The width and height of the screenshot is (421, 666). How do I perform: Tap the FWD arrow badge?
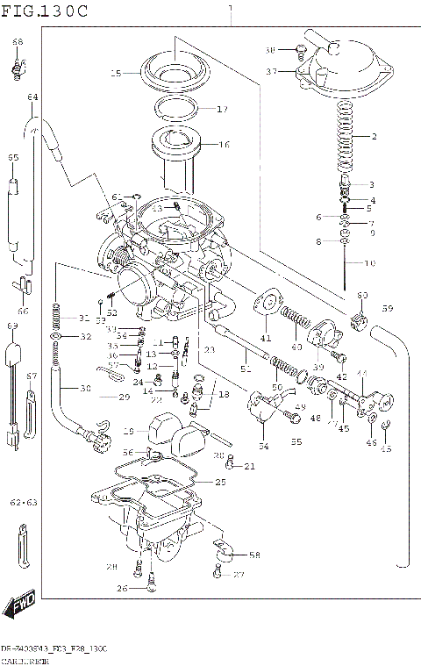click(x=19, y=605)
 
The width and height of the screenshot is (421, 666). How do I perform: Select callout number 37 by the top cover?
click(x=271, y=71)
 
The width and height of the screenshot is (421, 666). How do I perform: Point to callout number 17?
click(x=222, y=110)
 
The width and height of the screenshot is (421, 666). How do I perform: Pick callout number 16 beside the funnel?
click(x=224, y=145)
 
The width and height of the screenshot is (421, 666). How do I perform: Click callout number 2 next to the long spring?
click(x=373, y=138)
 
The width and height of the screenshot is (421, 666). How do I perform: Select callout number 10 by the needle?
click(x=370, y=263)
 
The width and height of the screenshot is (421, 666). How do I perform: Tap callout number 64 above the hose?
click(x=32, y=97)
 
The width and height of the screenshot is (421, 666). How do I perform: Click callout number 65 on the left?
click(x=13, y=158)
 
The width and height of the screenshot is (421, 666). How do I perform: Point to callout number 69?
click(x=13, y=326)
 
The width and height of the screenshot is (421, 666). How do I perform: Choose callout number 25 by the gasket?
click(x=220, y=483)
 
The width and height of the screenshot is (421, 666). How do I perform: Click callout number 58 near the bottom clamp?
click(x=254, y=555)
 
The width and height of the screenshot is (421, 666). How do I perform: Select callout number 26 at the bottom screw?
click(x=123, y=588)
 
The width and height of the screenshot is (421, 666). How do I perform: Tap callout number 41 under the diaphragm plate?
click(x=266, y=338)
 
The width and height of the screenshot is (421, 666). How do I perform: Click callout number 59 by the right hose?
click(x=387, y=308)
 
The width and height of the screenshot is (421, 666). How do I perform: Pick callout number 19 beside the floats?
click(x=128, y=432)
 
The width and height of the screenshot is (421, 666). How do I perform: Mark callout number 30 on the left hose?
click(x=85, y=389)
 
